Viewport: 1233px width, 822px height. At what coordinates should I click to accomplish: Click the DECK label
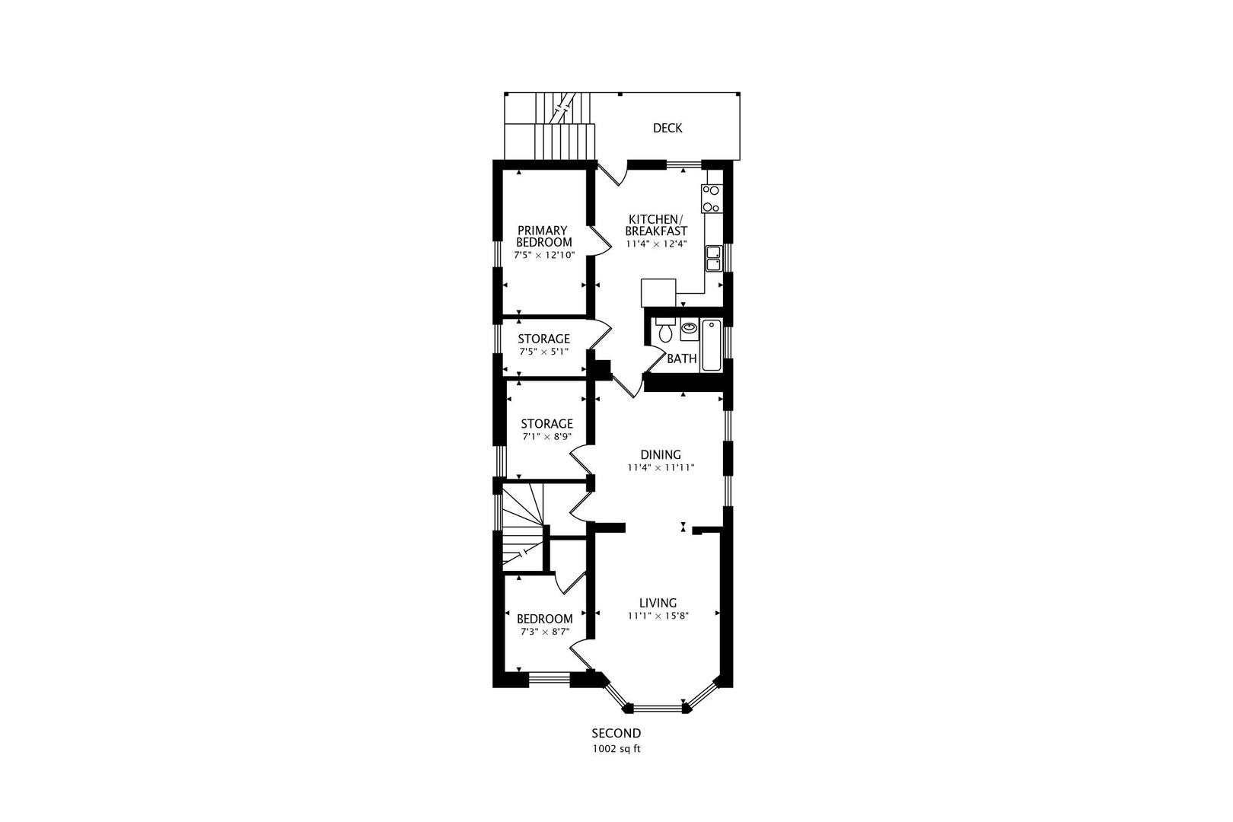click(667, 129)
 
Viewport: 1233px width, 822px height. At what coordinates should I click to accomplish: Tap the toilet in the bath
click(664, 330)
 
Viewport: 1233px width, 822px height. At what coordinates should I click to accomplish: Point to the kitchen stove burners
click(712, 198)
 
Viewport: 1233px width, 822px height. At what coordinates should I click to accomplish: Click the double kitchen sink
click(713, 259)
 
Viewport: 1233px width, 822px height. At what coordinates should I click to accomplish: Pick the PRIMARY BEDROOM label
click(544, 236)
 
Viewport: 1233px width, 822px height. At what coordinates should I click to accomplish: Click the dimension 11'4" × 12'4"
click(656, 244)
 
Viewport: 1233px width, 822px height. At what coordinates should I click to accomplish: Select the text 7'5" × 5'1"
click(543, 352)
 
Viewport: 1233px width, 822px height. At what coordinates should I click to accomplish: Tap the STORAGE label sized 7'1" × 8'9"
click(546, 424)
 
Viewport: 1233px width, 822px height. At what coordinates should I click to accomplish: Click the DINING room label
click(660, 454)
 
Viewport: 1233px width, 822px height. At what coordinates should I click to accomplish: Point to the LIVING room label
click(658, 603)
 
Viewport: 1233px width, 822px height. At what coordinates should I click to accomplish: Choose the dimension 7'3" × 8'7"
click(544, 632)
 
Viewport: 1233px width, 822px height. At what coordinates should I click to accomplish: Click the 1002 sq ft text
click(616, 748)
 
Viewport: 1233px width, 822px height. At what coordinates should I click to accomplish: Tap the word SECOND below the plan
click(616, 734)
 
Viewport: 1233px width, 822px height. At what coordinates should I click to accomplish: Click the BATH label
click(681, 358)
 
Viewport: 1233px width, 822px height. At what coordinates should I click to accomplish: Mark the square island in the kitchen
click(658, 292)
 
